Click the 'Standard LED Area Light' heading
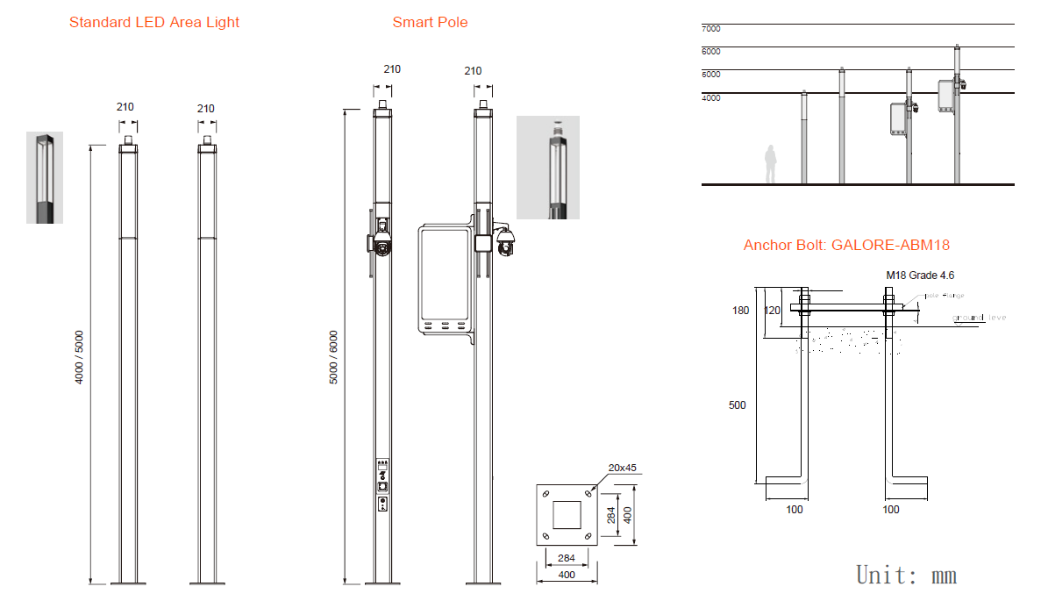pyautogui.click(x=154, y=23)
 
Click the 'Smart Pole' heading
pyautogui.click(x=430, y=23)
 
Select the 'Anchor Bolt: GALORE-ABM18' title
pyautogui.click(x=846, y=246)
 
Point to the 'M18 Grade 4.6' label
pyautogui.click(x=920, y=275)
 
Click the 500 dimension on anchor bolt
pyautogui.click(x=738, y=405)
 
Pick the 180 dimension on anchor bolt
pyautogui.click(x=741, y=311)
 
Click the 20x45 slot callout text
pyautogui.click(x=623, y=468)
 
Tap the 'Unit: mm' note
pyautogui.click(x=906, y=576)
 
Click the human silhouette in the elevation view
pyautogui.click(x=771, y=164)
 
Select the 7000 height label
pyautogui.click(x=710, y=29)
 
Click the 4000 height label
pyautogui.click(x=710, y=98)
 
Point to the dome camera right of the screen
pyautogui.click(x=505, y=243)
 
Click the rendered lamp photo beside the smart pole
pyautogui.click(x=548, y=167)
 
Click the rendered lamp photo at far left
pyautogui.click(x=44, y=177)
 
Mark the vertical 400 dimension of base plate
pyautogui.click(x=627, y=514)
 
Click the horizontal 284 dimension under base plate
pyautogui.click(x=567, y=557)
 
